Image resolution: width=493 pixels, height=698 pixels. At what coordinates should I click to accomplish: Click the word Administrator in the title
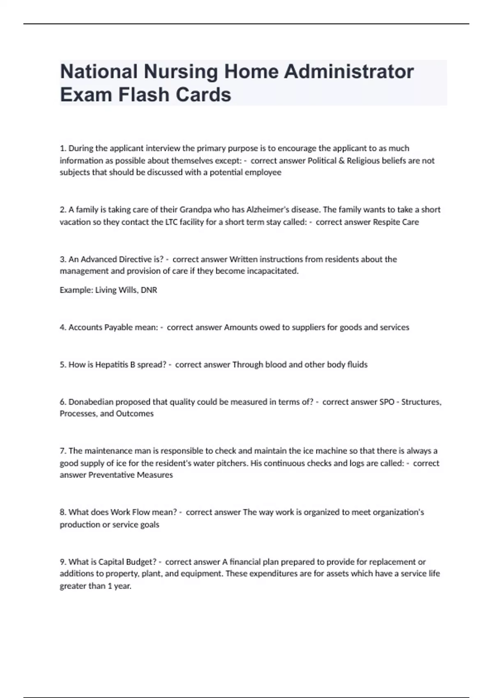tap(348, 71)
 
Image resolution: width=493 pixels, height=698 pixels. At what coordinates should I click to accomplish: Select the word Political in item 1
tap(322, 161)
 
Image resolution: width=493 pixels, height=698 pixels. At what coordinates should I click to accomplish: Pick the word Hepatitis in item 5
tap(112, 365)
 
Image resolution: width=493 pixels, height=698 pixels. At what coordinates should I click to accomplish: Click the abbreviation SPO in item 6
tap(387, 402)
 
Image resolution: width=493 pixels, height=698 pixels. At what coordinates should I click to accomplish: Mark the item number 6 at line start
tap(62, 402)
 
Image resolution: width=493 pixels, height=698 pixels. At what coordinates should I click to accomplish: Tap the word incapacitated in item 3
tap(272, 271)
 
